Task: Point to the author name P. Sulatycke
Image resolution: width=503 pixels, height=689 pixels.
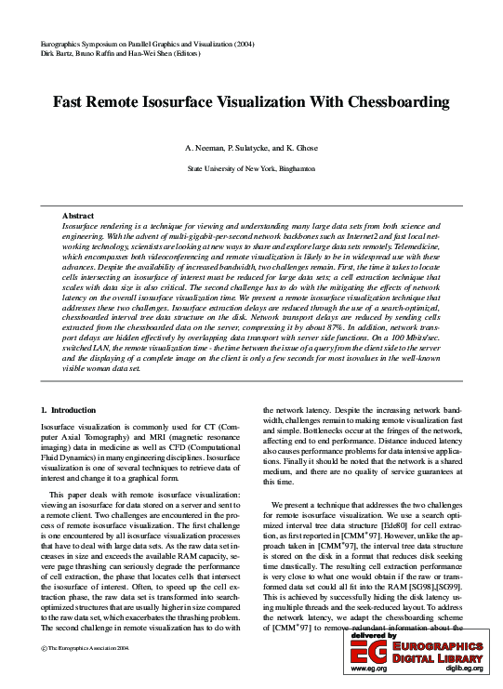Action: (x=252, y=149)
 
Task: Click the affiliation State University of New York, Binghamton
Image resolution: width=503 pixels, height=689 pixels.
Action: (x=251, y=169)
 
